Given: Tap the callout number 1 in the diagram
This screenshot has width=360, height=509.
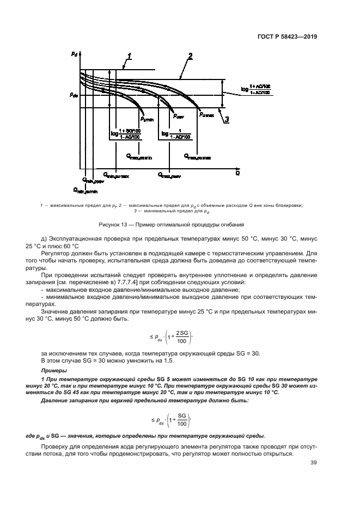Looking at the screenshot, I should [129, 56].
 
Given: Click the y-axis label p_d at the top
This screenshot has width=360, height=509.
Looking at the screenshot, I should [73, 54].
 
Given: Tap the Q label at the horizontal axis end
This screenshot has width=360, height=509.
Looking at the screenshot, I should [238, 173].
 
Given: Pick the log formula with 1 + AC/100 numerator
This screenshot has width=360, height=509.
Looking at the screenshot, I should [257, 89].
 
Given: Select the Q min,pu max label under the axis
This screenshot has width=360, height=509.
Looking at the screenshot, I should [118, 175].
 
